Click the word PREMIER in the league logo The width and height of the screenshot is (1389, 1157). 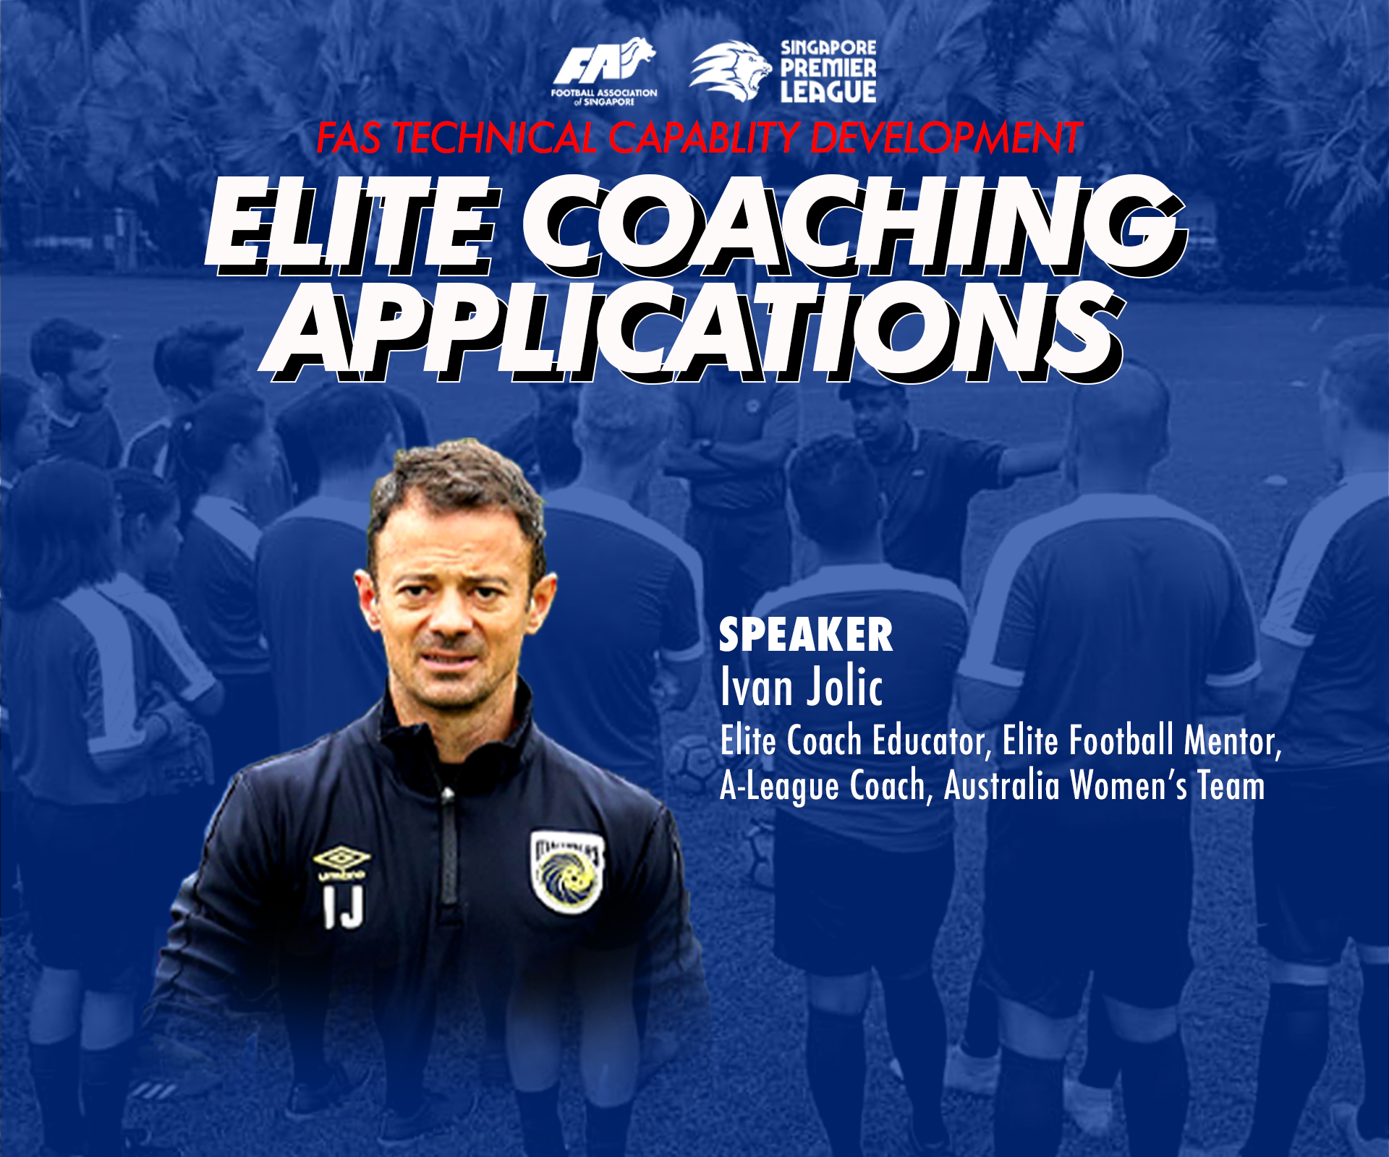point(828,69)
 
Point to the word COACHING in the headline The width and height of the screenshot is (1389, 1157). point(854,226)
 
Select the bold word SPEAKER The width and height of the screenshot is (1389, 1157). point(806,635)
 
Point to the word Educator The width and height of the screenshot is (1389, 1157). point(932,740)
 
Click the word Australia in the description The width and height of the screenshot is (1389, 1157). point(1002,785)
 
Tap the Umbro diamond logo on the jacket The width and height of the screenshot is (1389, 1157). point(341,859)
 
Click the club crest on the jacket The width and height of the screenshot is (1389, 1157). point(568,871)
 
